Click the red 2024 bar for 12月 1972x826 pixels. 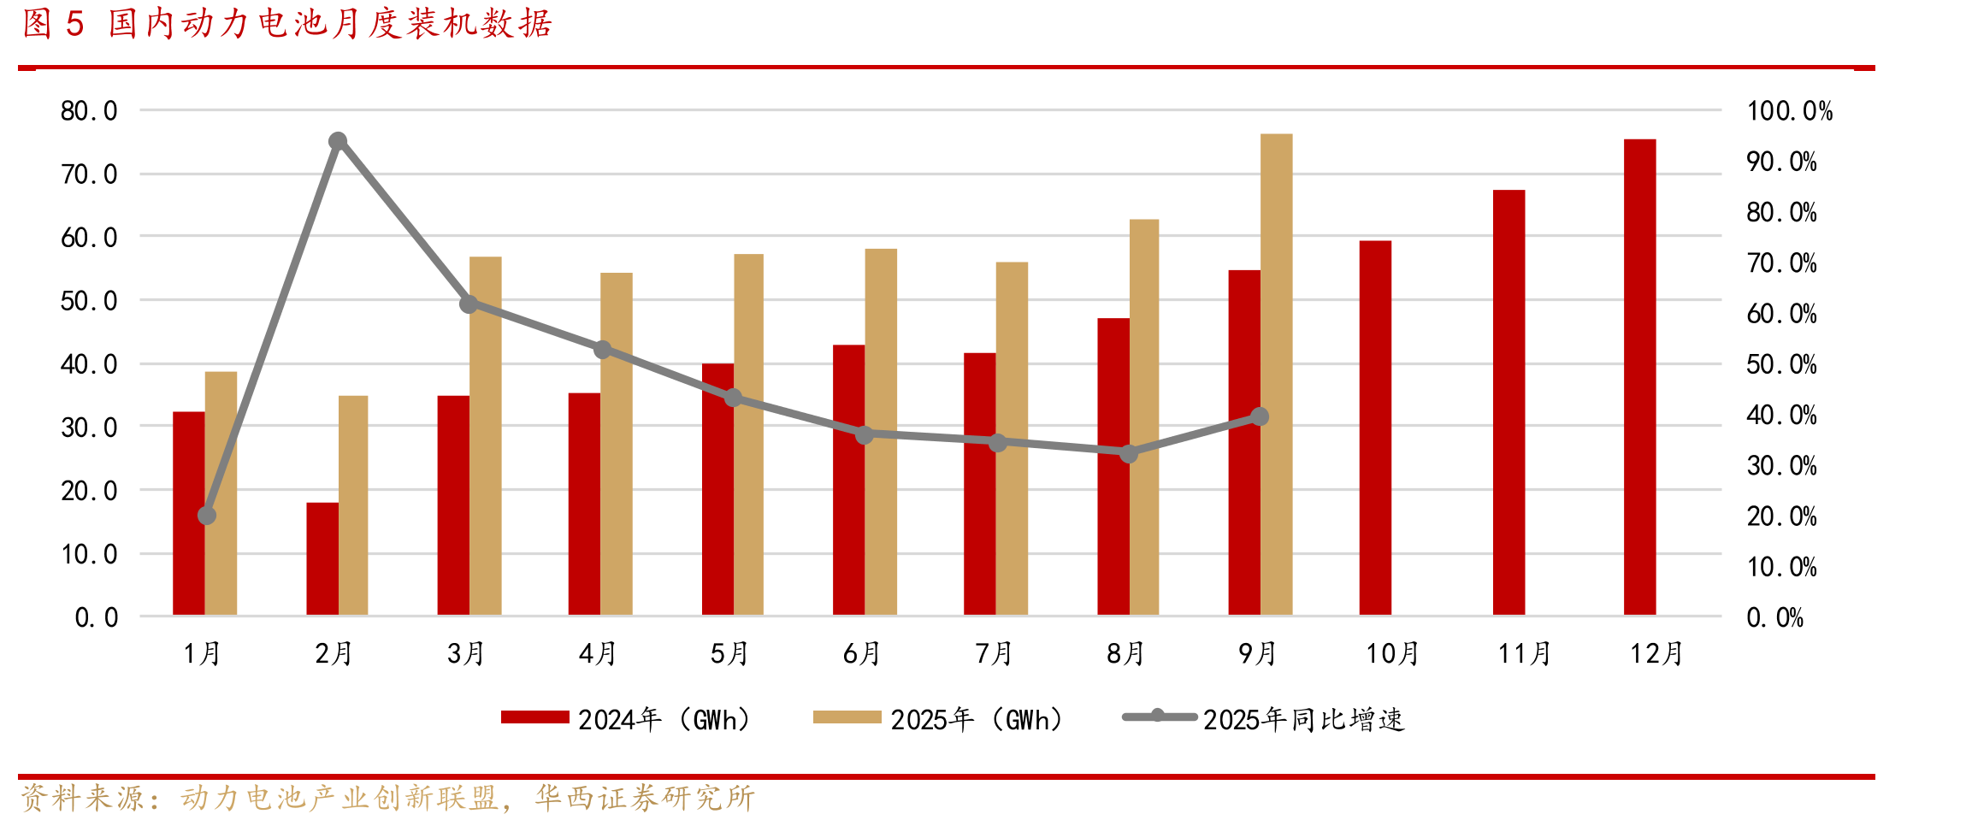(x=1639, y=377)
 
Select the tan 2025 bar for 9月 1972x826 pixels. (x=1276, y=375)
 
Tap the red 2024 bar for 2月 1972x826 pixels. (x=322, y=559)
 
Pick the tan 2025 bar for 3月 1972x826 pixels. (x=485, y=436)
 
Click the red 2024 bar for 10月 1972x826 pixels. (x=1375, y=428)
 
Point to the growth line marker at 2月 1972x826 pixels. (x=338, y=141)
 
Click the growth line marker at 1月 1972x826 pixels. (x=207, y=516)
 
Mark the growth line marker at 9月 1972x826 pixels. (x=1259, y=416)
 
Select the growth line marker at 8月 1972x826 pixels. (x=1129, y=453)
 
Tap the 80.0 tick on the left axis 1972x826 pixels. (x=89, y=111)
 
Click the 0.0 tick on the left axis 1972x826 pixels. (x=96, y=617)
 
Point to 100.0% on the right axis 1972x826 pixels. (x=1790, y=111)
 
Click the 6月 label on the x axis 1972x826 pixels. (x=861, y=654)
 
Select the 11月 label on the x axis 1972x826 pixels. (x=1524, y=654)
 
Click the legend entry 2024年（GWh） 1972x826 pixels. (x=625, y=719)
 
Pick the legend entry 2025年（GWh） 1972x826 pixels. (x=938, y=719)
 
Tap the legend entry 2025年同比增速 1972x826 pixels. (x=1264, y=719)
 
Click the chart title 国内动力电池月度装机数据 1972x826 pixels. (x=330, y=24)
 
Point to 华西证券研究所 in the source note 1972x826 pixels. (x=645, y=799)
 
